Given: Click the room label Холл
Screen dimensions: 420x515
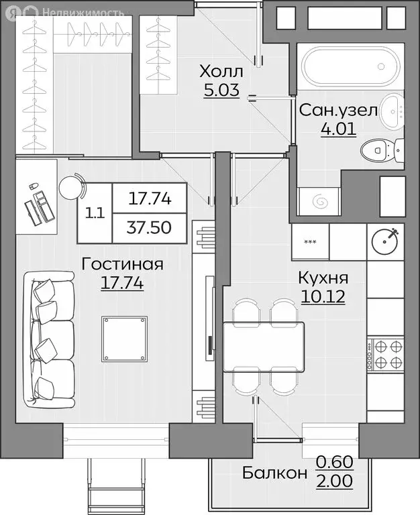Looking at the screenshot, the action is click(221, 71).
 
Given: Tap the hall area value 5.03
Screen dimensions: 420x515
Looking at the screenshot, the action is click(221, 90).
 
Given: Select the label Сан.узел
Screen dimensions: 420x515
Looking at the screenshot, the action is click(339, 111).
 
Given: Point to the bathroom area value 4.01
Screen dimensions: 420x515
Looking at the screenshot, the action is click(339, 129).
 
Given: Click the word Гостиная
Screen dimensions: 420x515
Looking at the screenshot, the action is click(123, 264).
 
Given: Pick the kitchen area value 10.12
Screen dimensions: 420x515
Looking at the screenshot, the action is click(323, 297).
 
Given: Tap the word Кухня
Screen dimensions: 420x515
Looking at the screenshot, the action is click(323, 278).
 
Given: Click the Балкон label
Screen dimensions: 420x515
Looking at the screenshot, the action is click(274, 473).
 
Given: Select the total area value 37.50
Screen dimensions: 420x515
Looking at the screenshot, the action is click(149, 227).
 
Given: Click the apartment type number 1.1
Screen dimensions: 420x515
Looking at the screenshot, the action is click(95, 213).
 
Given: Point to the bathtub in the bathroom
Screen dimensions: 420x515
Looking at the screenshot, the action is click(351, 66).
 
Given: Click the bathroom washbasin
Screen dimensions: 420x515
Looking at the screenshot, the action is click(392, 111).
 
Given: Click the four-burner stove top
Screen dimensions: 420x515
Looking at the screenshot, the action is click(386, 354).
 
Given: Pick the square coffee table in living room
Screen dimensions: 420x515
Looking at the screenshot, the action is click(124, 338).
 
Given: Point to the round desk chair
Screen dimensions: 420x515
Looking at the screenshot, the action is click(72, 186).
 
